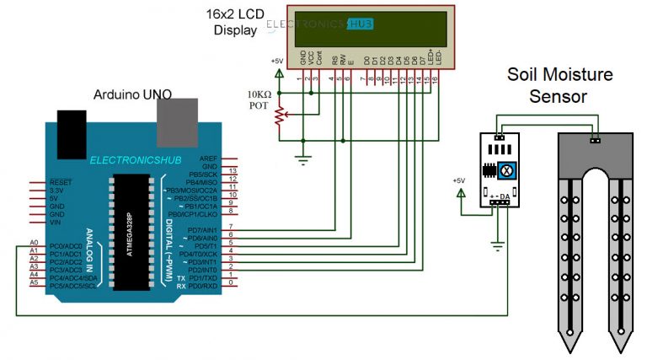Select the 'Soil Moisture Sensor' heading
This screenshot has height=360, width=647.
[x=559, y=84]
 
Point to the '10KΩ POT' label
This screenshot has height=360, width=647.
[x=258, y=99]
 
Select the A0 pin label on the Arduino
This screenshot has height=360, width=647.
[x=34, y=244]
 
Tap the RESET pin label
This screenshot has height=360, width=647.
[x=61, y=182]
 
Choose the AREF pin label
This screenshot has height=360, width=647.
[x=208, y=159]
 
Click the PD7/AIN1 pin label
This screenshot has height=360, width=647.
[x=202, y=229]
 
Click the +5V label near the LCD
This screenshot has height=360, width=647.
[x=277, y=62]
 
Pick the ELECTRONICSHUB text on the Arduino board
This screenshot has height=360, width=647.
[x=130, y=159]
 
